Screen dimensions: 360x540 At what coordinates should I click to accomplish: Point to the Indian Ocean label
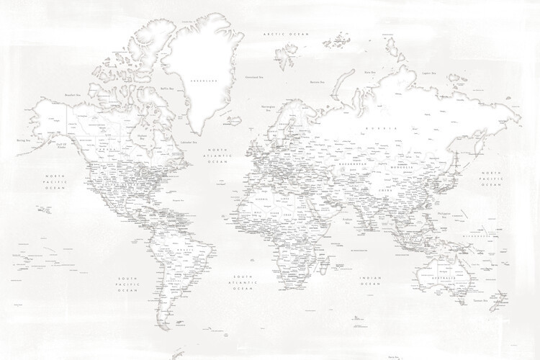point(370,280)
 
